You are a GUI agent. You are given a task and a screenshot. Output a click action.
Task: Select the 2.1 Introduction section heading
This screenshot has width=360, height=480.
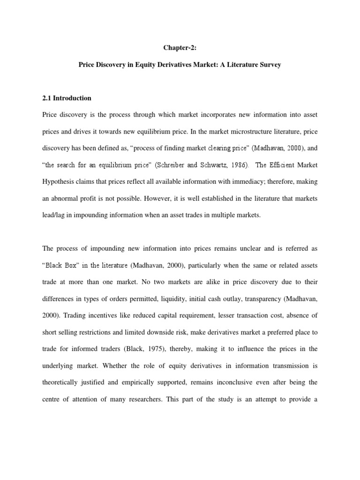67,98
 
